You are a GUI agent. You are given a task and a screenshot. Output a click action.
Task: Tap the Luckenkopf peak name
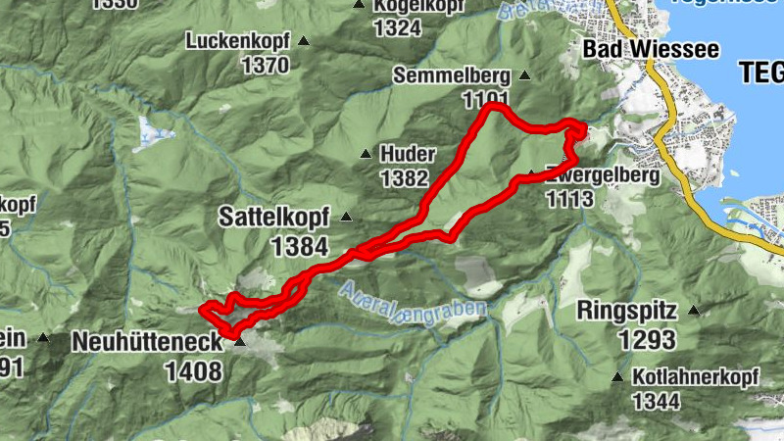click(238, 42)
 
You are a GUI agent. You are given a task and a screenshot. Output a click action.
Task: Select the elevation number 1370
click(265, 66)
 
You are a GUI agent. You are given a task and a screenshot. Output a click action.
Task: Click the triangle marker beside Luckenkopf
click(304, 41)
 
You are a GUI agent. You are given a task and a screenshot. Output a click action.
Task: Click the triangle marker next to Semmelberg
click(524, 75)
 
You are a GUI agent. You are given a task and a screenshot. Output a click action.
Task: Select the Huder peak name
click(407, 155)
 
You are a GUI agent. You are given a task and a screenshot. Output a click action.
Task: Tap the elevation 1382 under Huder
click(404, 178)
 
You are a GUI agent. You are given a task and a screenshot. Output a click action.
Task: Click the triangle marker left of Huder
click(366, 154)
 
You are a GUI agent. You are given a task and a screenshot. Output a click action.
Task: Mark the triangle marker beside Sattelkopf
click(346, 217)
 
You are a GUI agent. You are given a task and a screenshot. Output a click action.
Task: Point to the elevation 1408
click(194, 370)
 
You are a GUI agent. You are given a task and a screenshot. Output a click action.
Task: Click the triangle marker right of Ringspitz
click(694, 311)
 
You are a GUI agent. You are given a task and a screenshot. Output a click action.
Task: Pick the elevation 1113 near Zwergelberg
click(570, 199)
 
